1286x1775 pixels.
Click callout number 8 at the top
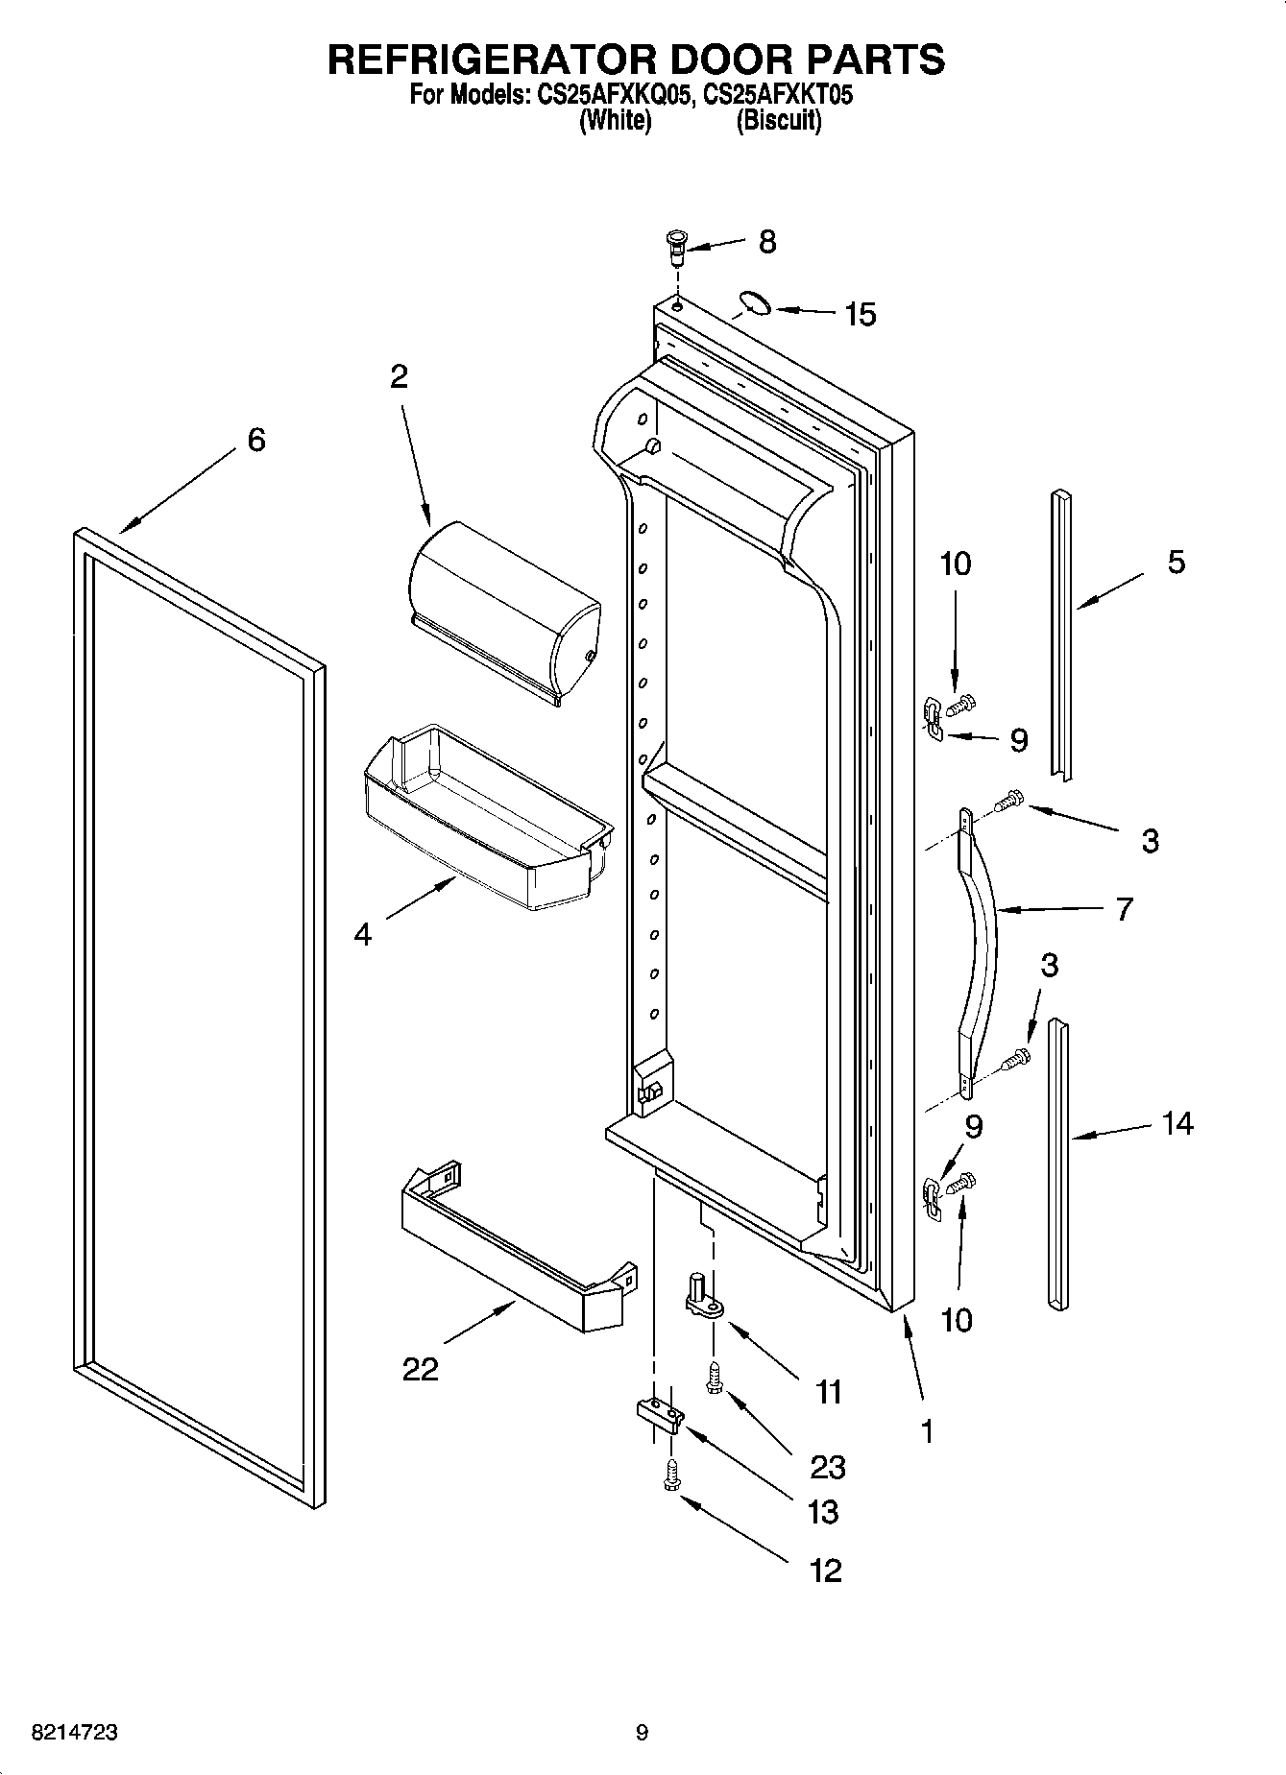tap(766, 242)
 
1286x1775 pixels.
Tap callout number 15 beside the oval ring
tap(860, 314)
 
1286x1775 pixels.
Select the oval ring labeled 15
tap(754, 304)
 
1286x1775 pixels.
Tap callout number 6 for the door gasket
tap(255, 440)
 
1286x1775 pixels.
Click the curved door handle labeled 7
tap(980, 950)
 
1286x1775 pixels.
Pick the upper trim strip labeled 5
tap(1061, 634)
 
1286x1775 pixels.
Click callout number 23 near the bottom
tap(826, 1466)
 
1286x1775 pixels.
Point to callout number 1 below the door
tap(926, 1431)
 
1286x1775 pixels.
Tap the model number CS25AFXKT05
tap(778, 96)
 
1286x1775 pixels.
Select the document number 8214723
tap(75, 1733)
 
